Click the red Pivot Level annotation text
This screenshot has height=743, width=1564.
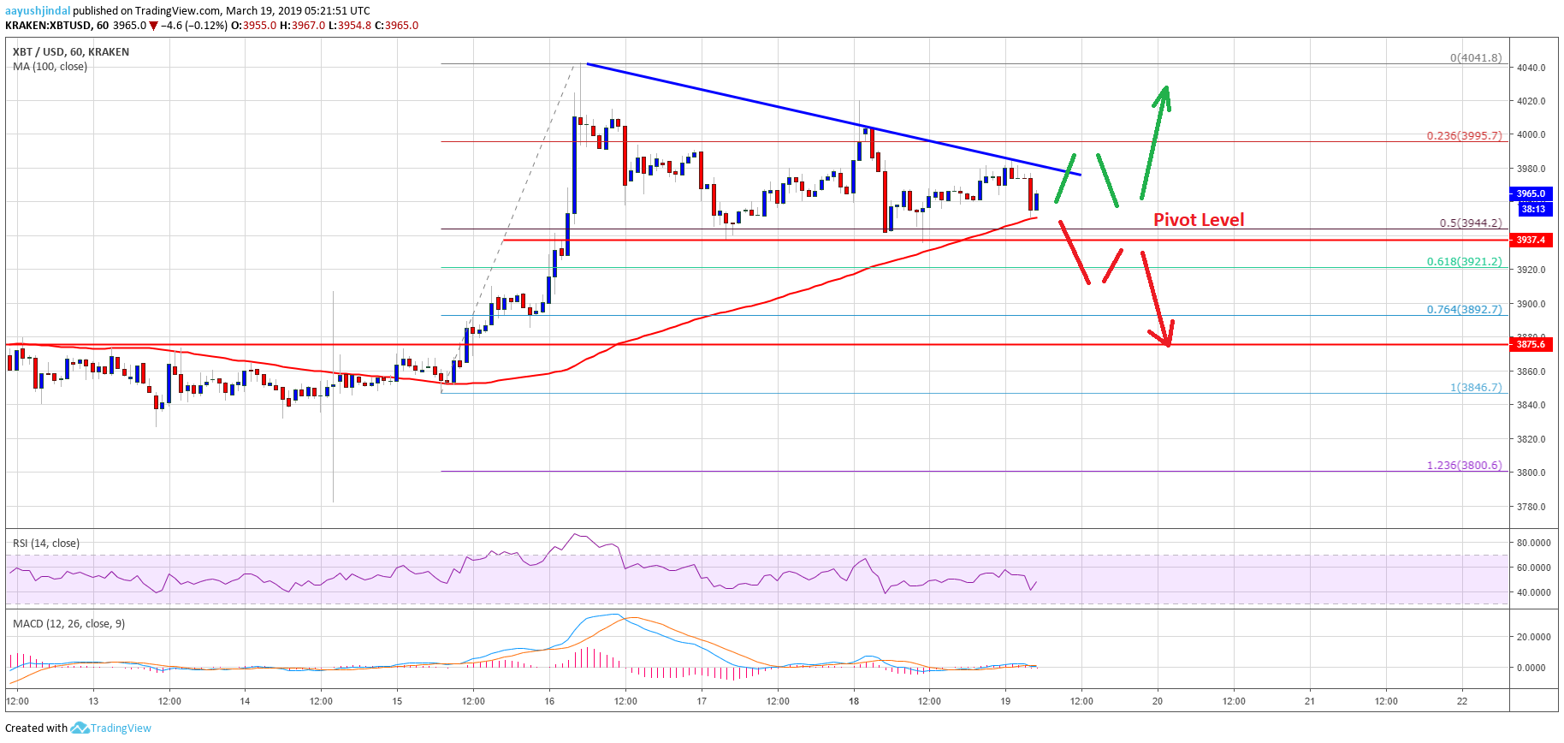point(1199,220)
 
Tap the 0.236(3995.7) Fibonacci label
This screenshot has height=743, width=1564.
point(1463,136)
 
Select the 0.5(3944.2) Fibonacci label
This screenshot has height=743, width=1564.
point(1470,223)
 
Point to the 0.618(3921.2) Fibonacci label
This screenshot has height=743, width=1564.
point(1463,262)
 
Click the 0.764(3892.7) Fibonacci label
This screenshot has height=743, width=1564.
point(1463,310)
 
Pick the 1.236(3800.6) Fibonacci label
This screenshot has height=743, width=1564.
point(1463,466)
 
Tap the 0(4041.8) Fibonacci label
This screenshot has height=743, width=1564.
point(1475,58)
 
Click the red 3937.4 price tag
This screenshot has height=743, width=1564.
point(1531,240)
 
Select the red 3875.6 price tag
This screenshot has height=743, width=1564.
point(1531,344)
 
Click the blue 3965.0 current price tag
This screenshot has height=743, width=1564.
point(1531,193)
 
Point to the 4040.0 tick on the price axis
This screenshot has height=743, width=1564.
point(1531,68)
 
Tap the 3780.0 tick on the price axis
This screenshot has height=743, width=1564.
point(1531,507)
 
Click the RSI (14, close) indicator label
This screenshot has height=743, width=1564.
point(46,544)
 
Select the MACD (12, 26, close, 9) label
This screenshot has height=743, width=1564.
point(68,624)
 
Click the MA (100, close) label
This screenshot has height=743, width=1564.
point(50,67)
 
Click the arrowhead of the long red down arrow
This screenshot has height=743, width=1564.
point(1167,341)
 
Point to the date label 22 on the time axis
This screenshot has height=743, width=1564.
point(1462,701)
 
